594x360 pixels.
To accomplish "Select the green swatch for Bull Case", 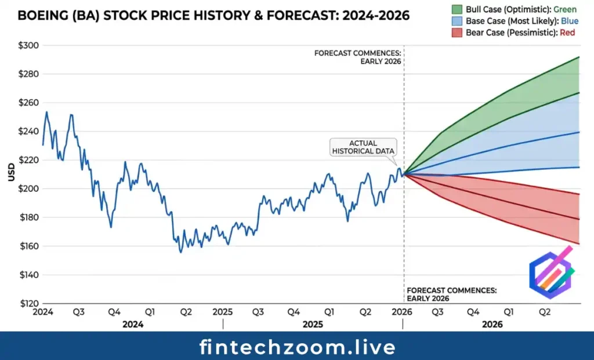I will [456, 9].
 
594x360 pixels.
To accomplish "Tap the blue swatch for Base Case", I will [456, 21].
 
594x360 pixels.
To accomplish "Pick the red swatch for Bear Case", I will [456, 32].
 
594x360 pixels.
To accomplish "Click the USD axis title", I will [12, 172].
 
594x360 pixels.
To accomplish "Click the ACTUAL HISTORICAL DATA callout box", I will [363, 147].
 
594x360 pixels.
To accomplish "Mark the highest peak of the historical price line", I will [46, 112].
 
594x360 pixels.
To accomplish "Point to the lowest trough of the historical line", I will [181, 252].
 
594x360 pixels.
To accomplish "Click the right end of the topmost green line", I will [579, 57].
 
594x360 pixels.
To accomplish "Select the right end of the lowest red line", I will [579, 243].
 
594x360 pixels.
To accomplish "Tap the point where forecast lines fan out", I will [404, 173].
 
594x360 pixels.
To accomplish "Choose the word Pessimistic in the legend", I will [534, 32].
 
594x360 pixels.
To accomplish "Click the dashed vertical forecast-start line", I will [404, 232].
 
